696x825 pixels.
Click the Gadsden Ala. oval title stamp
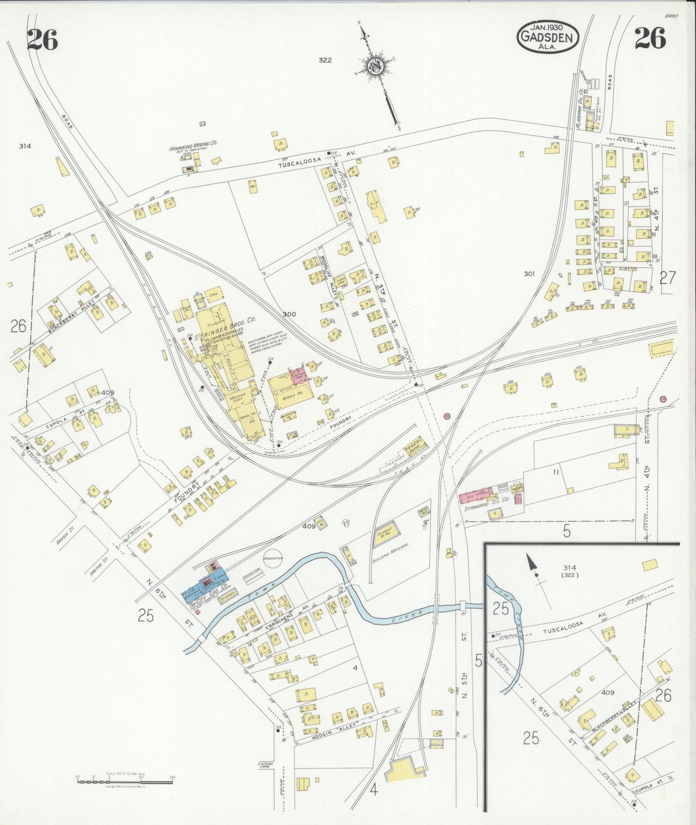pyautogui.click(x=548, y=37)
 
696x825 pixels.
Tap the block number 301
pyautogui.click(x=529, y=274)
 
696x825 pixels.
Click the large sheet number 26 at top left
pyautogui.click(x=42, y=39)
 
